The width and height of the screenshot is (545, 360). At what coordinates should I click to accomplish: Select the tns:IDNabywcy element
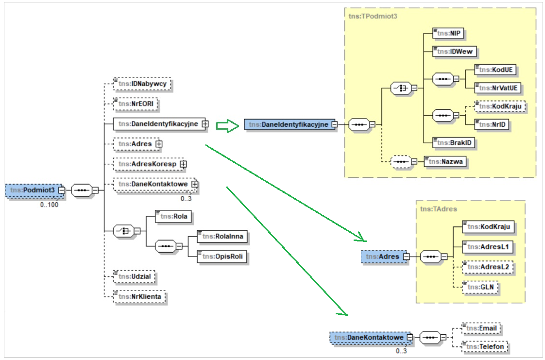point(143,84)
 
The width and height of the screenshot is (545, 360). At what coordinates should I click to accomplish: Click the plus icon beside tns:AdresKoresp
point(183,165)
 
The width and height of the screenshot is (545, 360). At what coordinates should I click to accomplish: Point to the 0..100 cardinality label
point(50,205)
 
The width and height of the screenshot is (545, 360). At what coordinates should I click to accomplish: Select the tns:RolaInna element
point(222,237)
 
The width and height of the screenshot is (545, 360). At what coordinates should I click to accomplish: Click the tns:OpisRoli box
point(222,256)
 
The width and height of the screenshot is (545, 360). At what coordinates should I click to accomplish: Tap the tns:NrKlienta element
point(140,296)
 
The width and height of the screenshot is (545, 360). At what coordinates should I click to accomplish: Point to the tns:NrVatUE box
point(498,87)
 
